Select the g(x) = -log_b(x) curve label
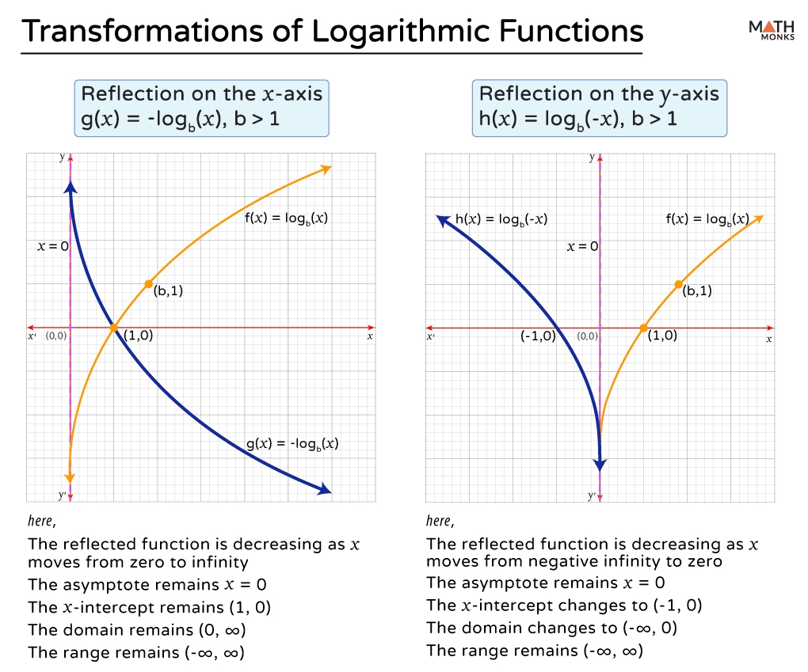point(292,444)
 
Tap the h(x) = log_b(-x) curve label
point(501,219)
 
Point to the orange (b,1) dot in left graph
point(148,283)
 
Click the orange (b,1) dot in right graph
point(678,283)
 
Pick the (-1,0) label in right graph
point(538,336)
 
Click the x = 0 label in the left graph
point(53,246)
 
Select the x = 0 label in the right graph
point(582,246)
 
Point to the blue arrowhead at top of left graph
point(71,188)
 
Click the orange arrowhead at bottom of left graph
point(70,476)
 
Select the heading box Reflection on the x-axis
point(202,108)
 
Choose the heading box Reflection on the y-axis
point(599,108)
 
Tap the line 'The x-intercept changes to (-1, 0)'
point(564,606)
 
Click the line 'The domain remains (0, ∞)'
point(137,630)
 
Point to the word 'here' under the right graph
point(438,521)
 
